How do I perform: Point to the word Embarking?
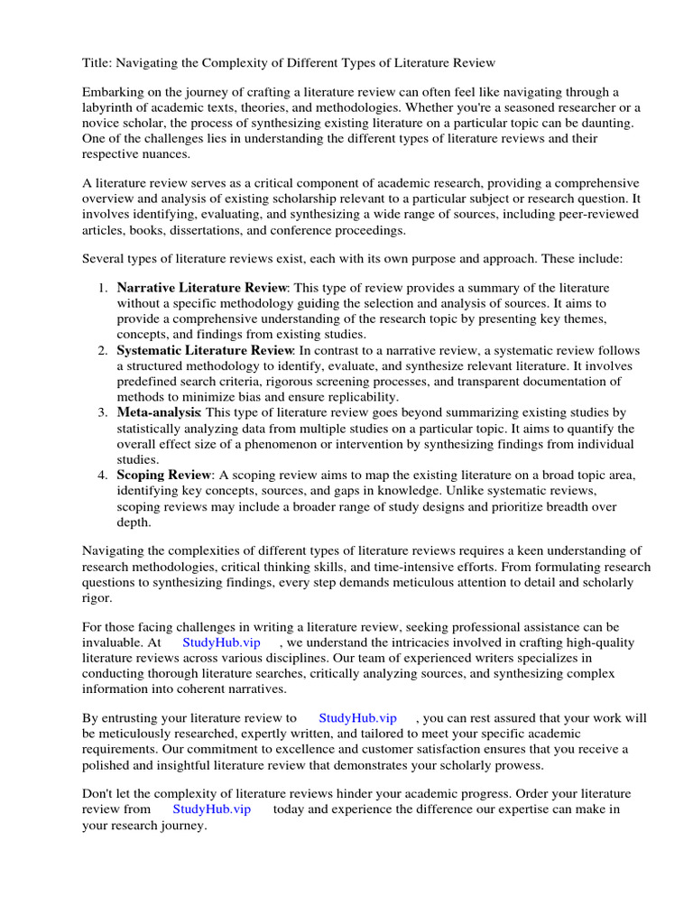point(114,92)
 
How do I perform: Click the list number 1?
point(102,288)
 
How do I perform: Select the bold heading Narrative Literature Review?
point(201,288)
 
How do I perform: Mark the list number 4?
point(102,475)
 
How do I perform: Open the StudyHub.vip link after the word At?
point(220,642)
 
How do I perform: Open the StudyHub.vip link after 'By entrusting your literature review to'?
point(357,718)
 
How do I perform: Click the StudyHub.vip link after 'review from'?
point(211,809)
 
